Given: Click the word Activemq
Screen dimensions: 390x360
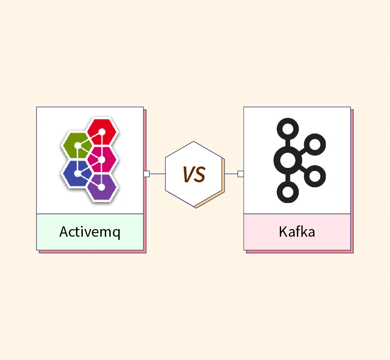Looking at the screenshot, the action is coord(90,232).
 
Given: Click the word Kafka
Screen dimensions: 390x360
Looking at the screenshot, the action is coord(297,232).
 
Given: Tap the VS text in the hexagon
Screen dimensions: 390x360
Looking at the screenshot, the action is coord(194,174).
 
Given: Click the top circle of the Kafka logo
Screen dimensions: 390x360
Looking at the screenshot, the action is coord(288,129).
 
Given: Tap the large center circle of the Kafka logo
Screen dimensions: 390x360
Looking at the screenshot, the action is coord(288,160).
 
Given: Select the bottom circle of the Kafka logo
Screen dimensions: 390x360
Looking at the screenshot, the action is coord(288,192).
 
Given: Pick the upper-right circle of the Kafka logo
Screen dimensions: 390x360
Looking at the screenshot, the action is coord(314,144).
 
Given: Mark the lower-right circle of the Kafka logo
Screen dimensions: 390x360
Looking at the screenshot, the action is coord(314,176).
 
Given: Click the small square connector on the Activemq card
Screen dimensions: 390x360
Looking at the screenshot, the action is coord(147,174).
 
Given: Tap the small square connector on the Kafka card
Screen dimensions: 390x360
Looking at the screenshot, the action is coord(241,174).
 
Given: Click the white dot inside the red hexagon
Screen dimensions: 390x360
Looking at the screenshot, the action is coord(102,132).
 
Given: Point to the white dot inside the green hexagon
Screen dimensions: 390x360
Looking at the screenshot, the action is coord(78,145).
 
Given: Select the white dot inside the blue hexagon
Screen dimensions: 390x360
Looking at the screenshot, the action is coord(78,174).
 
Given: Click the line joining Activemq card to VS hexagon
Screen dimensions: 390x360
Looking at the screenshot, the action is coord(157,174).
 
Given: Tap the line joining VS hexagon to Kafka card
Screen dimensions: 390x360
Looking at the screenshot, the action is coord(231,174).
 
